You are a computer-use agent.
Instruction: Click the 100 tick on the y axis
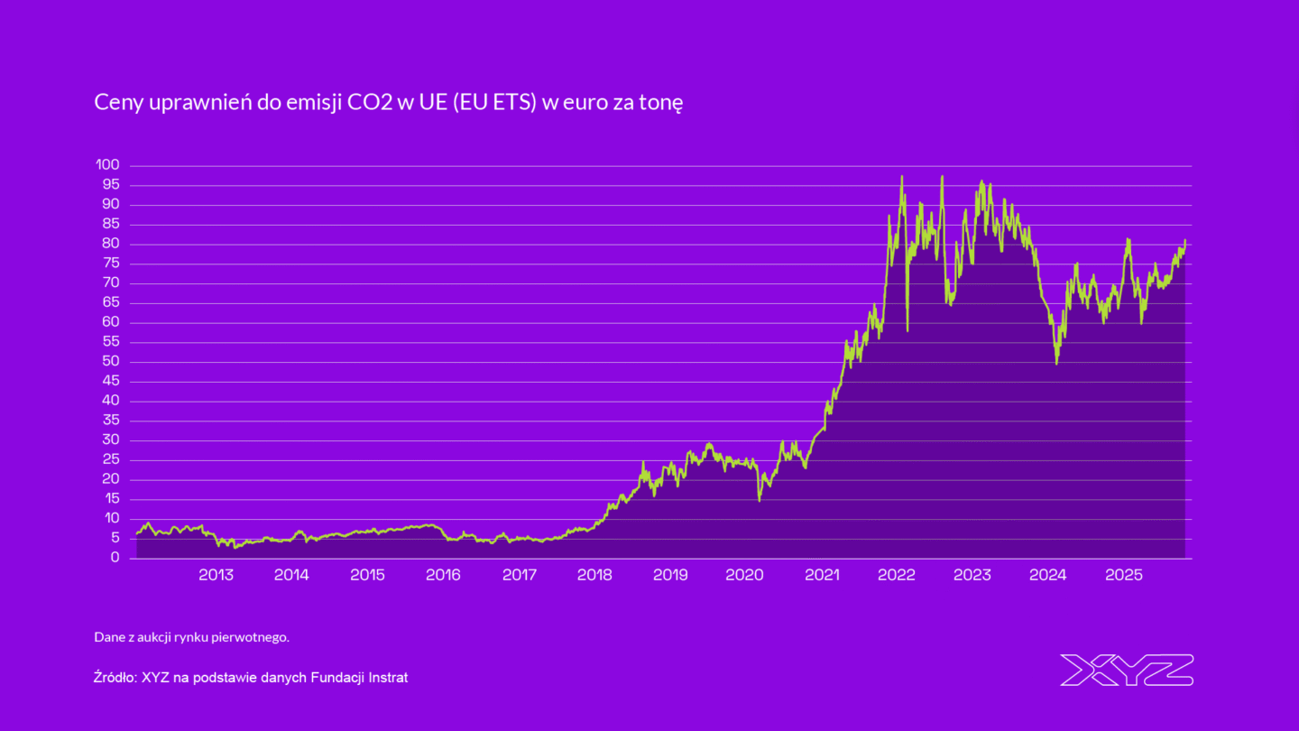(x=107, y=165)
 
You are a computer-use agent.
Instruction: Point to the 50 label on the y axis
(x=111, y=362)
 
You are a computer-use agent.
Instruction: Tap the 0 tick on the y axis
(x=115, y=558)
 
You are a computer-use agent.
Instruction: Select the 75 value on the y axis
(x=111, y=264)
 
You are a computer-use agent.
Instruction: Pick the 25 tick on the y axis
(x=111, y=460)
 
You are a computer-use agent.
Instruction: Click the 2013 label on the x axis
(x=216, y=575)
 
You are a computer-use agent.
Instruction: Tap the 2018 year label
(x=594, y=575)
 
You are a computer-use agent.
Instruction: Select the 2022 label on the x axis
(x=898, y=575)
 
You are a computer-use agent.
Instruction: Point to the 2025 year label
(x=1125, y=575)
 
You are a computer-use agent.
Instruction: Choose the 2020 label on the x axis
(x=746, y=575)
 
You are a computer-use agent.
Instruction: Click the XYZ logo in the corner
(x=1127, y=670)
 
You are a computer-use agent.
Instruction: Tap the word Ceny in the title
(x=115, y=103)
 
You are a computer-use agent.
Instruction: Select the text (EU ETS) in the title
(x=494, y=103)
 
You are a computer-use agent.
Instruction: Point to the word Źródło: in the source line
(x=115, y=677)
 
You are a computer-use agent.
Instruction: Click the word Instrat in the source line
(x=385, y=677)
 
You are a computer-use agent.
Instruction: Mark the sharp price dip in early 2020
(x=760, y=499)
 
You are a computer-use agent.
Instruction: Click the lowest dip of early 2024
(x=1056, y=363)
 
